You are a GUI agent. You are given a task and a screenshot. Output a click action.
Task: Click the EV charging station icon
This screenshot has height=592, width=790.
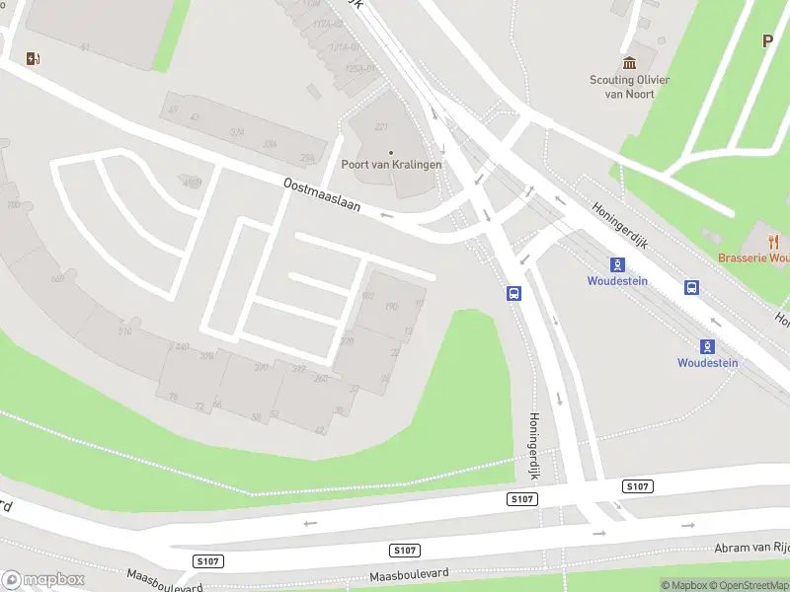(x=34, y=58)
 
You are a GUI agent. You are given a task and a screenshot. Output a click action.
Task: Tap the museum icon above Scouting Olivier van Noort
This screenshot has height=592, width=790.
(x=630, y=63)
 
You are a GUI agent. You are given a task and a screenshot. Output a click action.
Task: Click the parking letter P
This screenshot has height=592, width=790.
(x=767, y=41)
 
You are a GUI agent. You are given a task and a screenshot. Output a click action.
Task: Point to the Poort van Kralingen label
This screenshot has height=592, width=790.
(x=391, y=165)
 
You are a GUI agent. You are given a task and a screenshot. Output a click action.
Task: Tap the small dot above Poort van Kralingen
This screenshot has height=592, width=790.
(x=391, y=152)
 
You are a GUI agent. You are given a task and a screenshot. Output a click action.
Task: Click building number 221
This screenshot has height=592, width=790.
(x=381, y=127)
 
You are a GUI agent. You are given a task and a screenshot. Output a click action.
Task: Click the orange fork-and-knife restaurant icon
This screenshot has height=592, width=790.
(x=773, y=241)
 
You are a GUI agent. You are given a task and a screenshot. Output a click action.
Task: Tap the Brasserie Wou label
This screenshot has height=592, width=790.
(x=753, y=259)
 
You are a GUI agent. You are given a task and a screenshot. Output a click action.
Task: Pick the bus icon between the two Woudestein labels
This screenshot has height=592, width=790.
(x=692, y=287)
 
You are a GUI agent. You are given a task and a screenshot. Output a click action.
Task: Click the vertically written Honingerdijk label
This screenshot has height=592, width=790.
(x=534, y=447)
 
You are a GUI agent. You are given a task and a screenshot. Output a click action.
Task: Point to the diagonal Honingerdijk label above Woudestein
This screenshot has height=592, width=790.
(x=619, y=226)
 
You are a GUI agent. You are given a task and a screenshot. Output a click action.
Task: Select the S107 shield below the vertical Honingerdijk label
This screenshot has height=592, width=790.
(x=522, y=500)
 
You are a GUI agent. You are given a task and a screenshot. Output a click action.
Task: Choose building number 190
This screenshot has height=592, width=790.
(x=390, y=307)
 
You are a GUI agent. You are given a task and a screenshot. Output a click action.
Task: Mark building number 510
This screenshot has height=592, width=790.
(x=125, y=331)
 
